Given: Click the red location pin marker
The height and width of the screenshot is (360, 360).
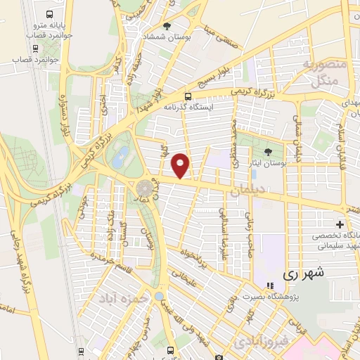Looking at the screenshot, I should (x=181, y=165).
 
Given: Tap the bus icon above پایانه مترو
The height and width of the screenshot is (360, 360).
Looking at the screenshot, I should (x=49, y=15).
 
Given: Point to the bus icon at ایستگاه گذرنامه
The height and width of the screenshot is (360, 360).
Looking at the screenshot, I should (x=188, y=97).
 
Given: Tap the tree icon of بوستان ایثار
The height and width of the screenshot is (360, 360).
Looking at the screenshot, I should (x=267, y=152).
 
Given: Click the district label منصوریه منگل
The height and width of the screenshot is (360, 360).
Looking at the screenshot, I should (x=323, y=74).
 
